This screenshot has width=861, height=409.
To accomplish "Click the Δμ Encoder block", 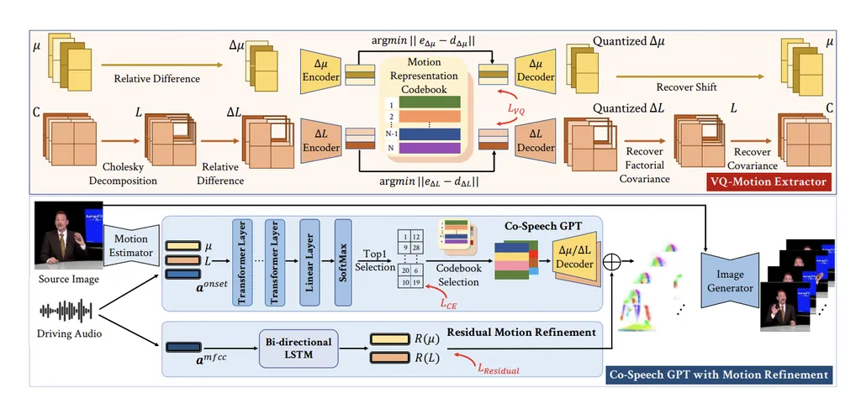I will tap(320, 68).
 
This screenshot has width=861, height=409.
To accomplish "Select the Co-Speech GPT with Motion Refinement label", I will tap(717, 374).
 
